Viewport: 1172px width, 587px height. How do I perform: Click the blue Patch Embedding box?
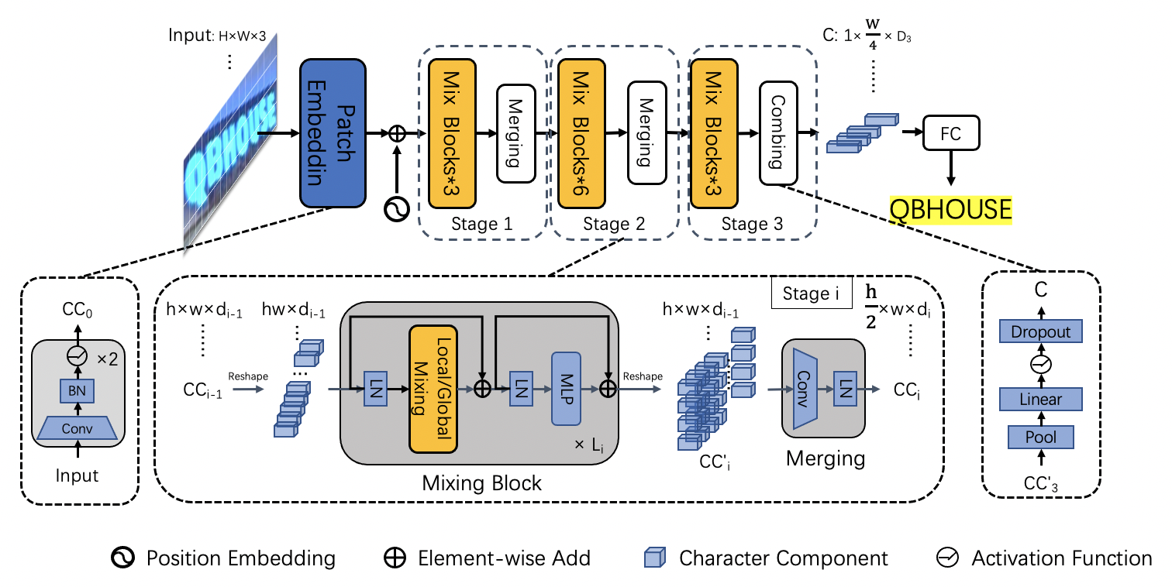333,133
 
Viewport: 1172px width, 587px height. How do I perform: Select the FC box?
950,134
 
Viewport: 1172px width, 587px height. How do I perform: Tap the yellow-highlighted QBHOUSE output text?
950,209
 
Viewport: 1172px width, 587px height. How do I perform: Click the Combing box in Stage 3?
777,133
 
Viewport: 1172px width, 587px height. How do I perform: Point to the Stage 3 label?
752,225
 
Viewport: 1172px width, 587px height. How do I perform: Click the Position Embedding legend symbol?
124,558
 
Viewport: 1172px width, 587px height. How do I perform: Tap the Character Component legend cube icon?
655,558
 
